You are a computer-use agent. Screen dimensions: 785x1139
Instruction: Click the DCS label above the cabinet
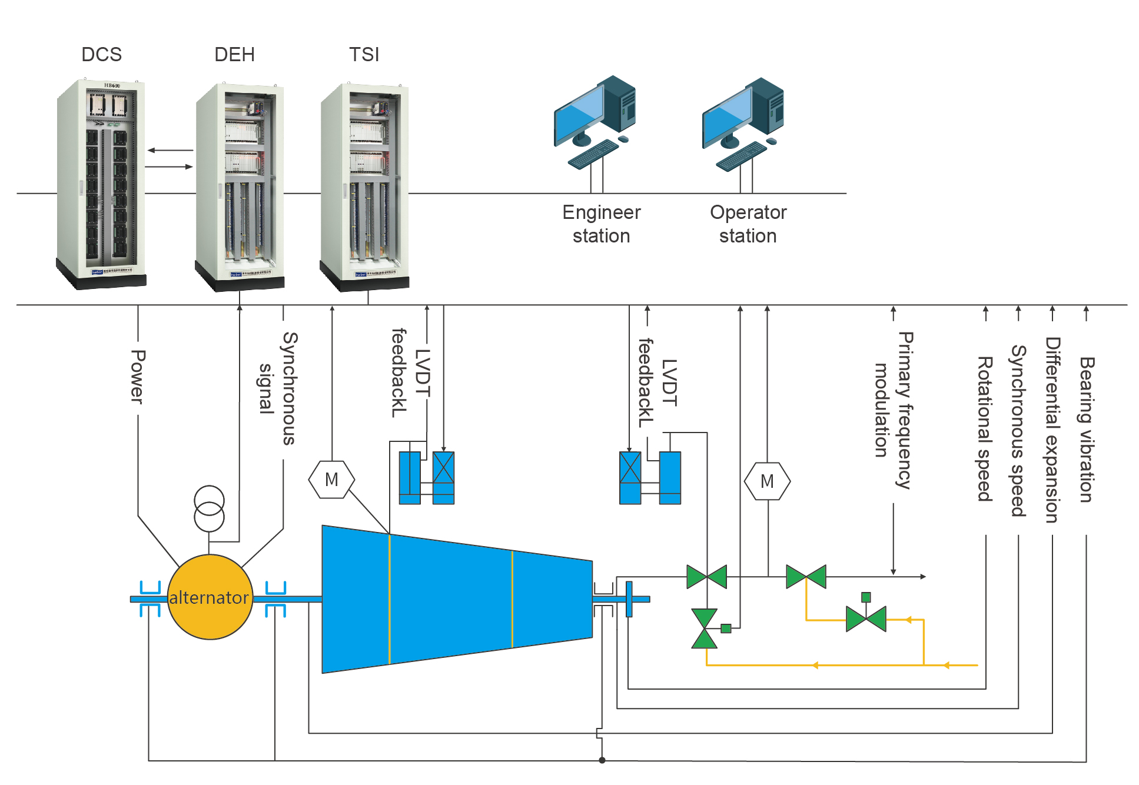coord(101,55)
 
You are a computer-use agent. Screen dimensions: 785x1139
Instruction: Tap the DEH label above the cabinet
coord(234,55)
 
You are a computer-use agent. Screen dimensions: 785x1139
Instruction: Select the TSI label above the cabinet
coord(364,55)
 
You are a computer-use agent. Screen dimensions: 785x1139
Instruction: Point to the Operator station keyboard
coord(741,157)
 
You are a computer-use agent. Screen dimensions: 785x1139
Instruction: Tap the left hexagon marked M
coord(331,480)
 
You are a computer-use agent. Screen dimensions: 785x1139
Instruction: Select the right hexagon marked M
coord(767,481)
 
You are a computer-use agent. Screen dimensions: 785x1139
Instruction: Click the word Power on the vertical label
coord(138,377)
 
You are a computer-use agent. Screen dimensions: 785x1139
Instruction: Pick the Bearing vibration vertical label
coord(1086,430)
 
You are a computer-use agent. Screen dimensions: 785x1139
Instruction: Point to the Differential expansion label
coord(1052,430)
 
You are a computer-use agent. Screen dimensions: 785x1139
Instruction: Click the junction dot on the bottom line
coord(602,760)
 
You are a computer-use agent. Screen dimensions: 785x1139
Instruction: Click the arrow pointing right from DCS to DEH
coord(169,167)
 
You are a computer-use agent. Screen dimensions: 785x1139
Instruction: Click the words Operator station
coord(748,224)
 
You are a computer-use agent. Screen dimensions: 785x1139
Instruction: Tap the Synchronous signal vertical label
coord(278,388)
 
